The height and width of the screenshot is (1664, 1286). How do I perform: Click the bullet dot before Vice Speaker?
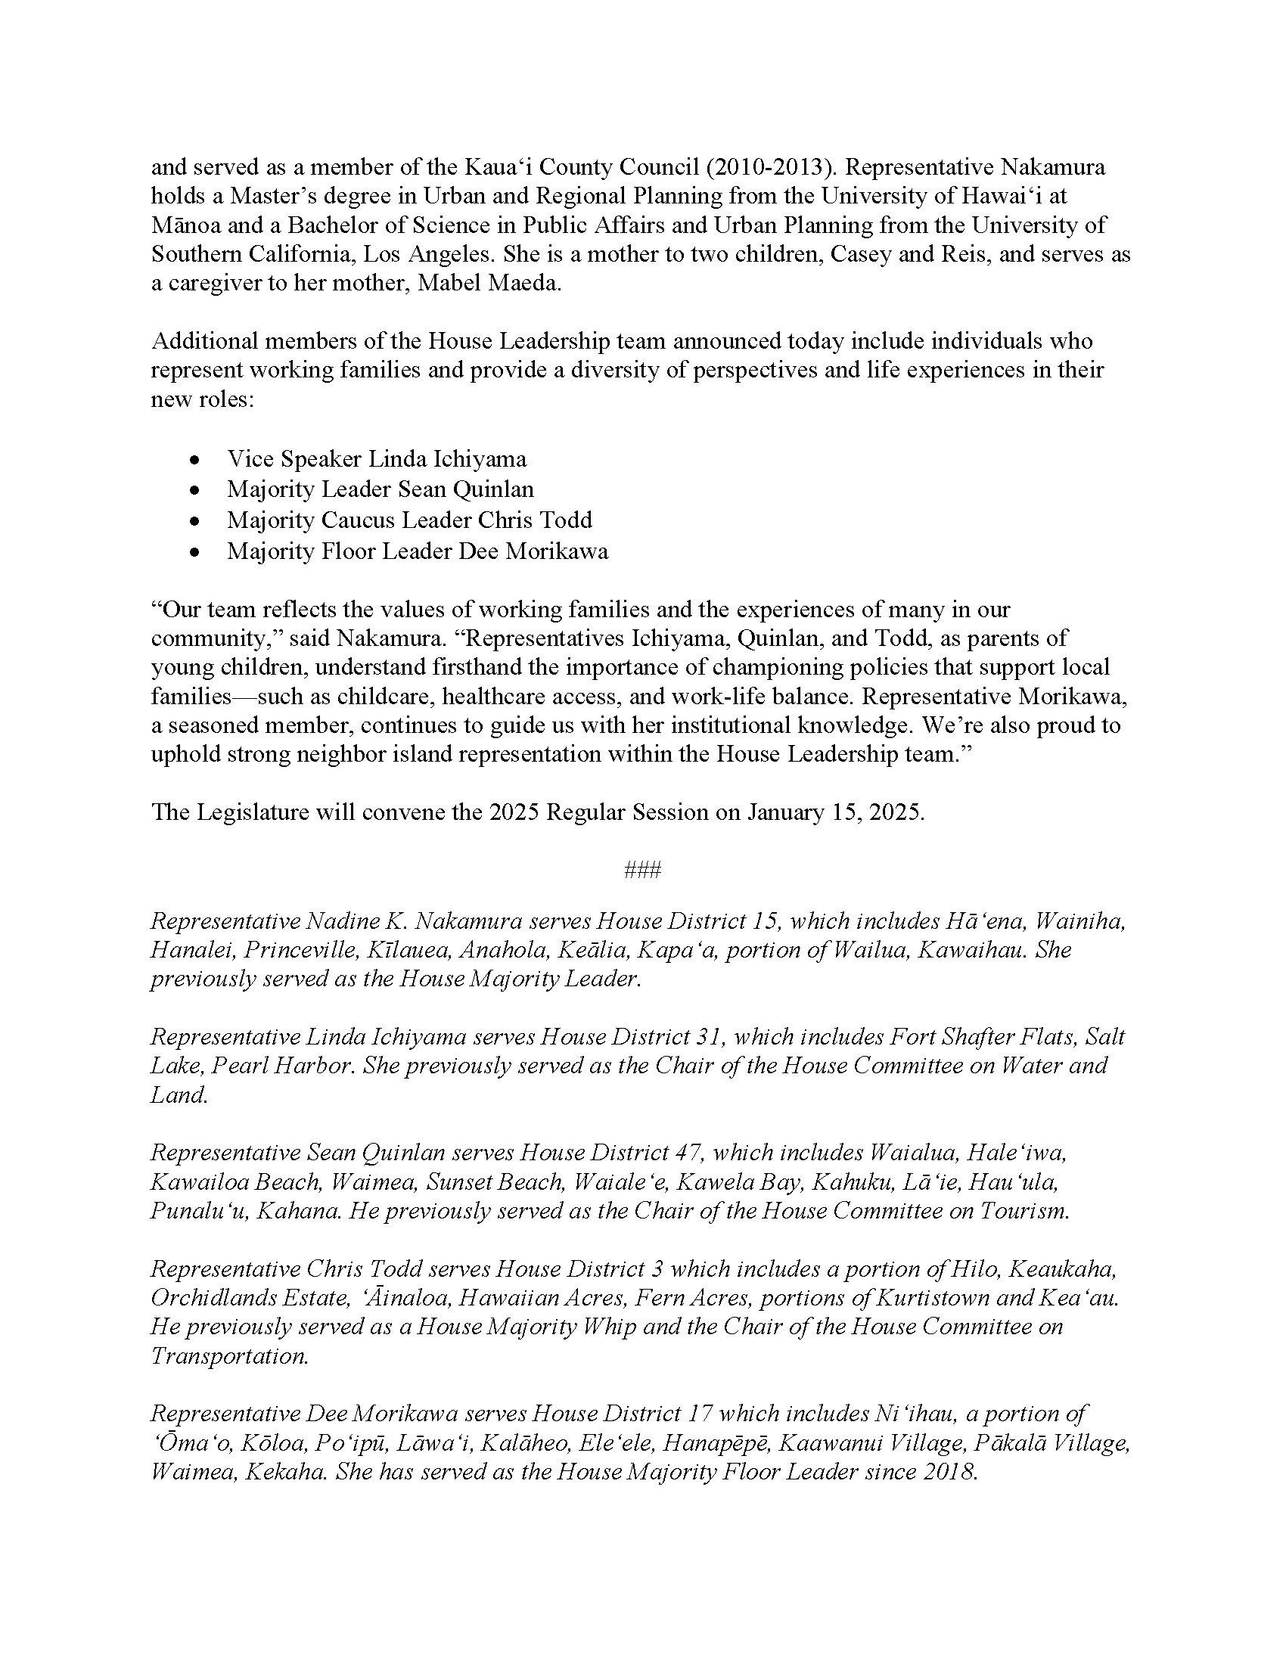(197, 460)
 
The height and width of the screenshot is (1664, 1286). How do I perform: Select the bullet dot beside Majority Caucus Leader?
(197, 521)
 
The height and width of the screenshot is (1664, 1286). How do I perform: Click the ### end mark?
(642, 870)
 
